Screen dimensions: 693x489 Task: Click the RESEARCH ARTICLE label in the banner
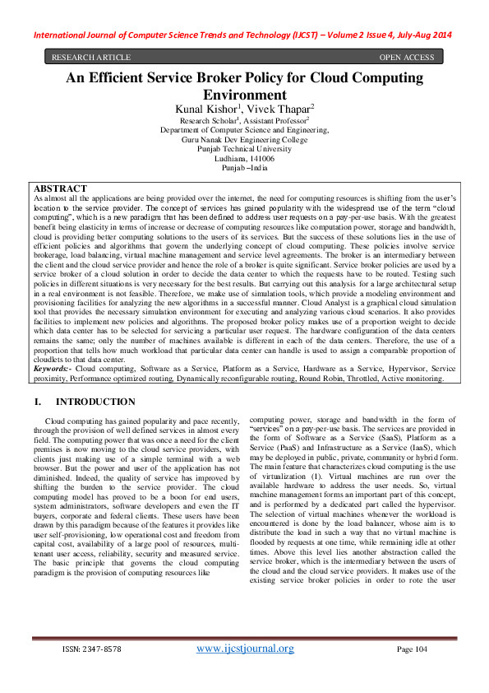click(x=91, y=57)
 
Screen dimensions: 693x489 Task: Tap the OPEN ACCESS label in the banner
click(x=406, y=57)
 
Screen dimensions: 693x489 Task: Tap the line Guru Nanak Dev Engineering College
click(x=244, y=139)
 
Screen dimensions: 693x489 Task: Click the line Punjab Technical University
click(x=244, y=149)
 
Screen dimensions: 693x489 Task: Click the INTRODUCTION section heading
click(x=95, y=402)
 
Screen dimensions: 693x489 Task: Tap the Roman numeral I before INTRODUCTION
click(x=36, y=402)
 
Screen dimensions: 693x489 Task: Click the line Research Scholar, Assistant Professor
click(x=244, y=120)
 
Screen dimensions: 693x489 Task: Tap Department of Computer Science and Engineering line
click(x=244, y=130)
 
